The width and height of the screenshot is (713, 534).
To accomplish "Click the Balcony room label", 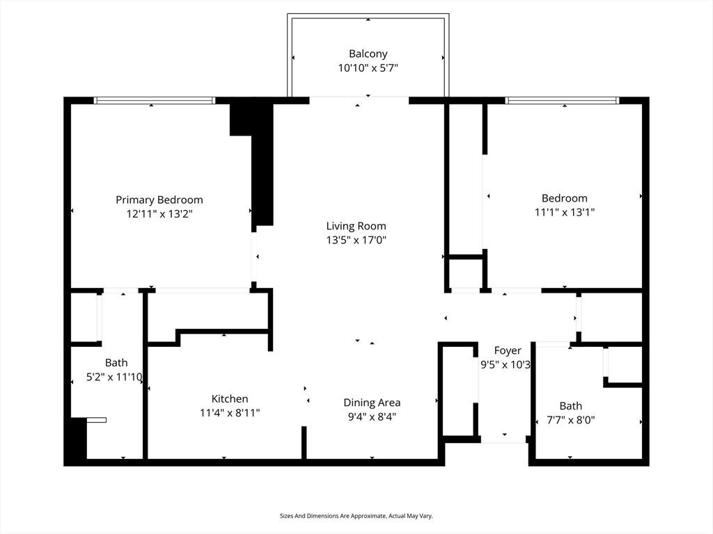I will (x=368, y=54).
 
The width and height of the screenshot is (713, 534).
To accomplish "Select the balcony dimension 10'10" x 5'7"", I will (x=368, y=68).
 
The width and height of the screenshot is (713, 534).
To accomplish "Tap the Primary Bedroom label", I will (x=159, y=200).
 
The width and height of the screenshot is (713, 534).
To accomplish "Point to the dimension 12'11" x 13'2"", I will (x=159, y=214).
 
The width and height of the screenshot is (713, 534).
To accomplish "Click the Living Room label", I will (x=356, y=226).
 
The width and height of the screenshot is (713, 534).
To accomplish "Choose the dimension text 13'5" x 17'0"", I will (x=356, y=241).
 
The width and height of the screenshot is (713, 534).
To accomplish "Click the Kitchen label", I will (x=230, y=398).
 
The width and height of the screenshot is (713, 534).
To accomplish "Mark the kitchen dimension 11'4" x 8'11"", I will (x=230, y=413).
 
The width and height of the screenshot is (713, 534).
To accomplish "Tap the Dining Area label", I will (x=372, y=403).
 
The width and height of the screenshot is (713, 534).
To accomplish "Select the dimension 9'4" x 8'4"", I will (x=372, y=417).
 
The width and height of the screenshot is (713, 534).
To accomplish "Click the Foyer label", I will (x=508, y=350).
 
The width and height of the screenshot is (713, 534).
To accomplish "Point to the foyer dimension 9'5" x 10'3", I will (x=506, y=364).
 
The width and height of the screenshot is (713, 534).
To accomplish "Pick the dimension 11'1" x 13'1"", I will (x=565, y=212).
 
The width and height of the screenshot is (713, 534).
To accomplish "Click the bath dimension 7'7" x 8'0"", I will (x=570, y=420).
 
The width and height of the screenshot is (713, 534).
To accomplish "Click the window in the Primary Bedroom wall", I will (x=155, y=101).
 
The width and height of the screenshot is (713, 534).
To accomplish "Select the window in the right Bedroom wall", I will (x=563, y=101).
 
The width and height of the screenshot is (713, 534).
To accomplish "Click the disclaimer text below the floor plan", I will (x=356, y=516).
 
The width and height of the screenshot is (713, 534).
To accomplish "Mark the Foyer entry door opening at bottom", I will (x=503, y=439).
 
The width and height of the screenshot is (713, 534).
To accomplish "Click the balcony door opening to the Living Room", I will (x=359, y=99).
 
